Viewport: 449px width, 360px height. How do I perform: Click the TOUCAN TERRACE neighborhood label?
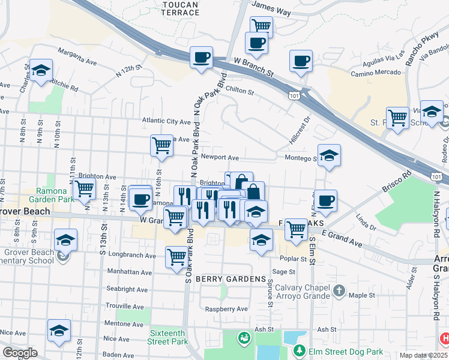point(180,8)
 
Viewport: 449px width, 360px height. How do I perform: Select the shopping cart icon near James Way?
point(261,26)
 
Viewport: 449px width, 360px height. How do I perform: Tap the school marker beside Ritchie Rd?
point(41,70)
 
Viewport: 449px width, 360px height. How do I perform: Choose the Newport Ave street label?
point(220,157)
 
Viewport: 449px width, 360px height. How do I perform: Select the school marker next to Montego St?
point(328,156)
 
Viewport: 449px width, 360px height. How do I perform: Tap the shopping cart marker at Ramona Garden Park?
point(85,188)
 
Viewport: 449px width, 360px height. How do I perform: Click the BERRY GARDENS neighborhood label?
point(231,280)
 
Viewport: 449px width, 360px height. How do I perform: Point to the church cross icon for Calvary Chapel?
point(339,291)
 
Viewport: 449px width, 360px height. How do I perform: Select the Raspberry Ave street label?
point(226,309)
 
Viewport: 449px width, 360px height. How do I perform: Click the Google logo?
point(20,353)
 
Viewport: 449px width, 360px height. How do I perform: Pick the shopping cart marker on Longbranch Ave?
point(176,256)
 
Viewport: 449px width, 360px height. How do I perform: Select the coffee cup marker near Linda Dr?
point(325,200)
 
